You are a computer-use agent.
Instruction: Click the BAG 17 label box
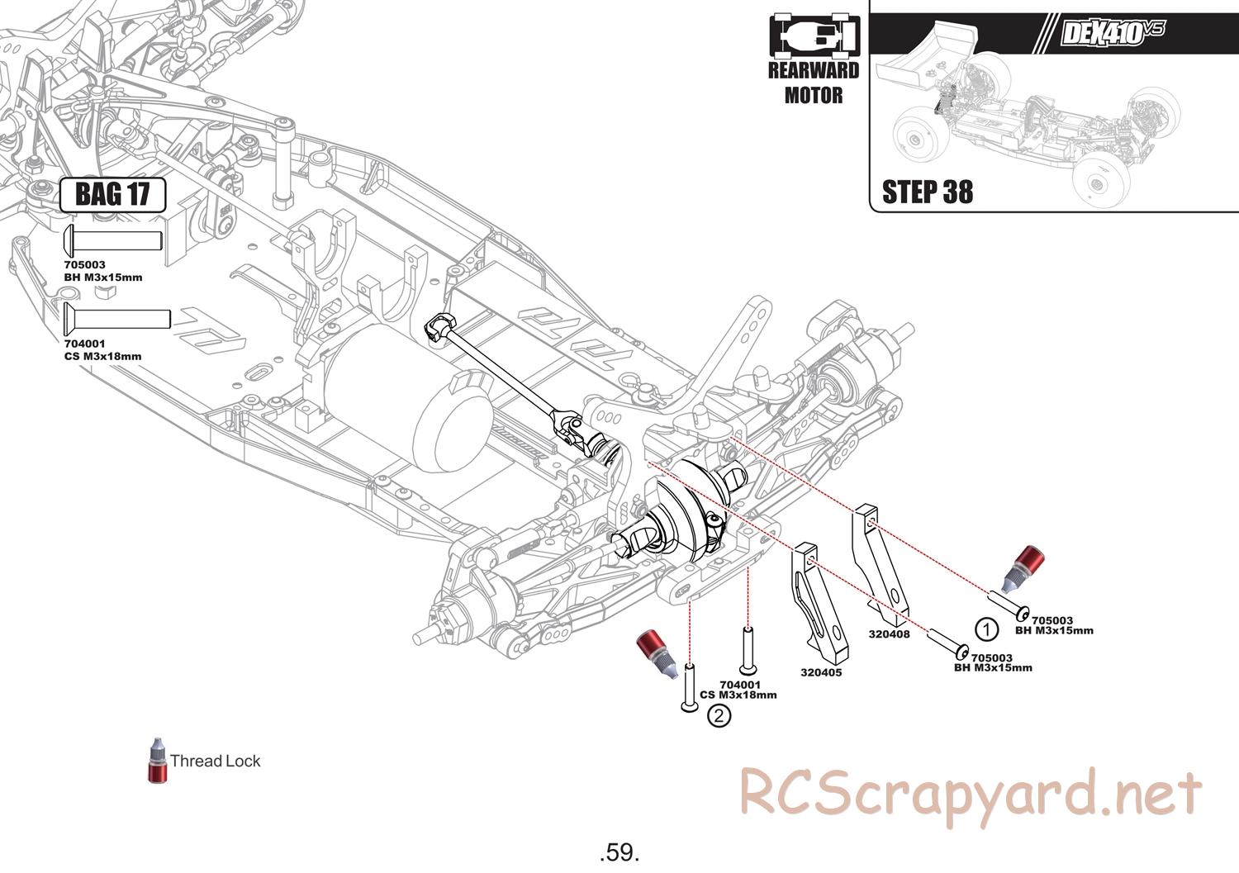pos(112,195)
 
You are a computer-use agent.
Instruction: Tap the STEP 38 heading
pos(927,192)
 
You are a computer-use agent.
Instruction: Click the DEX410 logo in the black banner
pos(1113,33)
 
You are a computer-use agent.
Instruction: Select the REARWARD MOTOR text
pos(814,83)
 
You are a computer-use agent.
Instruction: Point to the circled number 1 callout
pos(986,629)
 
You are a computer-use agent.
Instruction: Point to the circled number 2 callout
pos(719,715)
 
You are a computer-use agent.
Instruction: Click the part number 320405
pos(821,672)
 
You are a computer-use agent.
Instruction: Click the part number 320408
pos(889,634)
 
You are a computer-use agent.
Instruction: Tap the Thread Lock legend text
pos(215,762)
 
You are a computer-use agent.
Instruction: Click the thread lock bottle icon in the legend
pos(157,760)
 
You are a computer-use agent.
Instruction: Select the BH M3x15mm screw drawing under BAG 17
pos(112,240)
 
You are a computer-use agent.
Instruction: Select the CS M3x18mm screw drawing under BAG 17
pos(116,318)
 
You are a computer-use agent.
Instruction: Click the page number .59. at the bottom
pos(619,852)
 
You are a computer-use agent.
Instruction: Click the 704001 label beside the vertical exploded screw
pos(739,685)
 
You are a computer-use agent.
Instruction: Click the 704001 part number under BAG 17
pos(84,344)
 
